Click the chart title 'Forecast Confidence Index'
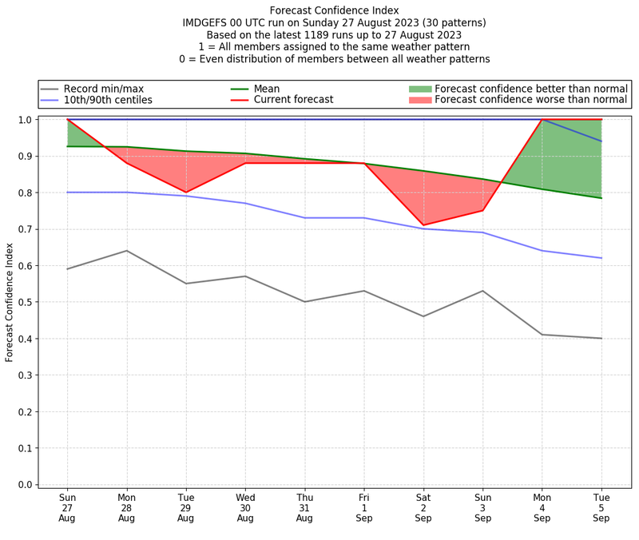pos(333,10)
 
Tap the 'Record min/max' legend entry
pos(103,89)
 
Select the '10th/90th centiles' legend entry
pos(108,100)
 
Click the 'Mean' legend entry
pos(267,89)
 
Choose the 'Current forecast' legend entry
pos(293,100)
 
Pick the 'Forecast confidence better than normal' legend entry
pos(530,89)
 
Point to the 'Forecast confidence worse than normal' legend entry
pos(531,100)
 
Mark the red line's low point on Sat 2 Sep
pos(423,225)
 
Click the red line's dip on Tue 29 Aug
pos(186,193)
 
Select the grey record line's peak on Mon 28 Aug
pos(126,251)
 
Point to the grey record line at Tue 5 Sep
pos(601,338)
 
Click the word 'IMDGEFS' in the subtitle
pos(208,22)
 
